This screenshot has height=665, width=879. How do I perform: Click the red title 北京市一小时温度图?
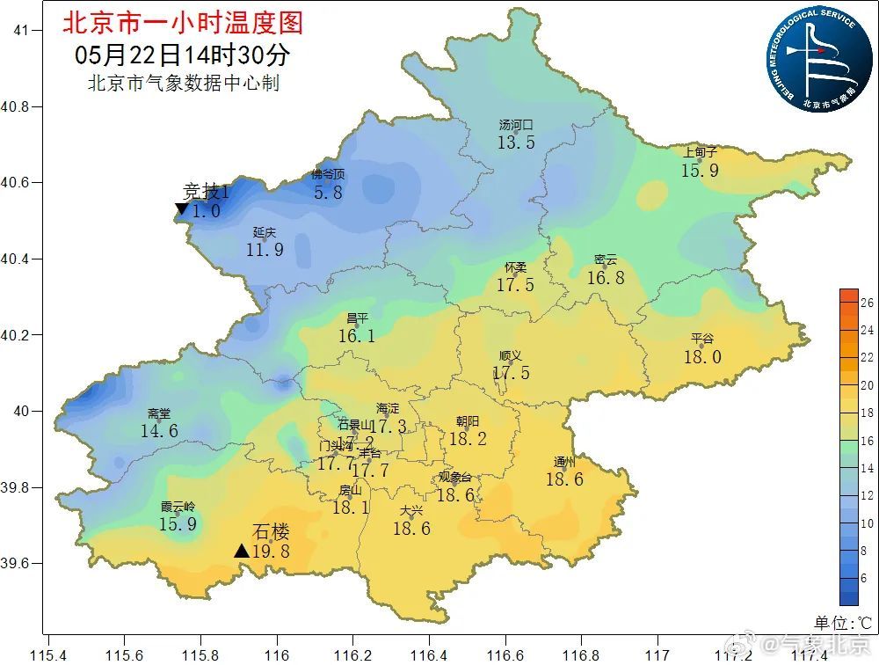[x=183, y=22]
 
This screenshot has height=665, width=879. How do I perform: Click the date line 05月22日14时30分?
[x=183, y=55]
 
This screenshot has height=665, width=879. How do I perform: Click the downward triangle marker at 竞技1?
[x=181, y=209]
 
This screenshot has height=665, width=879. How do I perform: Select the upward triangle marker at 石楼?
[x=242, y=551]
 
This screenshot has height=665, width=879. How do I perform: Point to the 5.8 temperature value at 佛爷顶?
[x=328, y=192]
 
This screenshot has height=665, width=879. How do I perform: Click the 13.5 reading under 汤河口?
[x=516, y=142]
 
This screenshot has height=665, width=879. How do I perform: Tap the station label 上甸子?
[x=700, y=152]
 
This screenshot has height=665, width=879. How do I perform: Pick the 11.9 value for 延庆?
[x=265, y=250]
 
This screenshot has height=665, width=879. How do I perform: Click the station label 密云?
[x=606, y=259]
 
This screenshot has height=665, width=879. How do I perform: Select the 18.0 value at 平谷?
[x=702, y=356]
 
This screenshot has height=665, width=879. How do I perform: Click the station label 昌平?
[x=357, y=318]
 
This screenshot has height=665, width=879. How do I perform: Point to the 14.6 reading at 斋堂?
[x=159, y=431]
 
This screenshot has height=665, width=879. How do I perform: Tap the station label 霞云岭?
[x=178, y=507]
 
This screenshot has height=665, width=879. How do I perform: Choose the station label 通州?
[x=564, y=462]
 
